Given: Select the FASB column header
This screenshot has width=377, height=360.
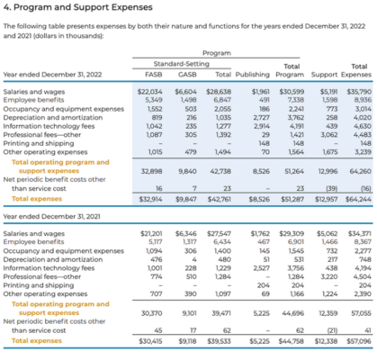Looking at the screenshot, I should pyautogui.click(x=153, y=75).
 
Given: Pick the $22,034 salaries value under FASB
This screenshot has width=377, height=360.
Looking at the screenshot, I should pyautogui.click(x=149, y=92).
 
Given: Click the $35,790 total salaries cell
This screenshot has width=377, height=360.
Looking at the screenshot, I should pyautogui.click(x=357, y=92).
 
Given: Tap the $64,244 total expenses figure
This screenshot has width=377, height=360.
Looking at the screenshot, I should pyautogui.click(x=357, y=197).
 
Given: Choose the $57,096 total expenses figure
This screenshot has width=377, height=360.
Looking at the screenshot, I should pyautogui.click(x=357, y=342).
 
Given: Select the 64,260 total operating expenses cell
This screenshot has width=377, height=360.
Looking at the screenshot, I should pyautogui.click(x=358, y=170).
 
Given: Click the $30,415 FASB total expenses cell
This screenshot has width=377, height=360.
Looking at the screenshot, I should pyautogui.click(x=149, y=342).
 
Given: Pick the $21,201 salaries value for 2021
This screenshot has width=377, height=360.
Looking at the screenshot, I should pyautogui.click(x=149, y=234).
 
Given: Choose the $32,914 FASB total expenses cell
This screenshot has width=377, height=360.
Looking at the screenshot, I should pyautogui.click(x=149, y=197).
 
